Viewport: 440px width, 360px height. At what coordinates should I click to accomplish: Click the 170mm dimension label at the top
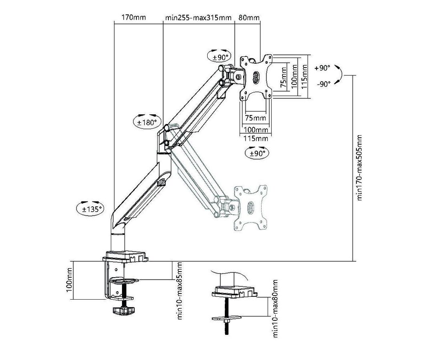[134, 17]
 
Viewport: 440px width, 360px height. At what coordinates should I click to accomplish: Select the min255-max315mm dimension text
[198, 18]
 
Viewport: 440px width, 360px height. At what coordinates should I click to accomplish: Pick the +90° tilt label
[322, 68]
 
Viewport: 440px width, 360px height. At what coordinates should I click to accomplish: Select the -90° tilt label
[324, 84]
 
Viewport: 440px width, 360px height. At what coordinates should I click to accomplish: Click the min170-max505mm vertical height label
[360, 168]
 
